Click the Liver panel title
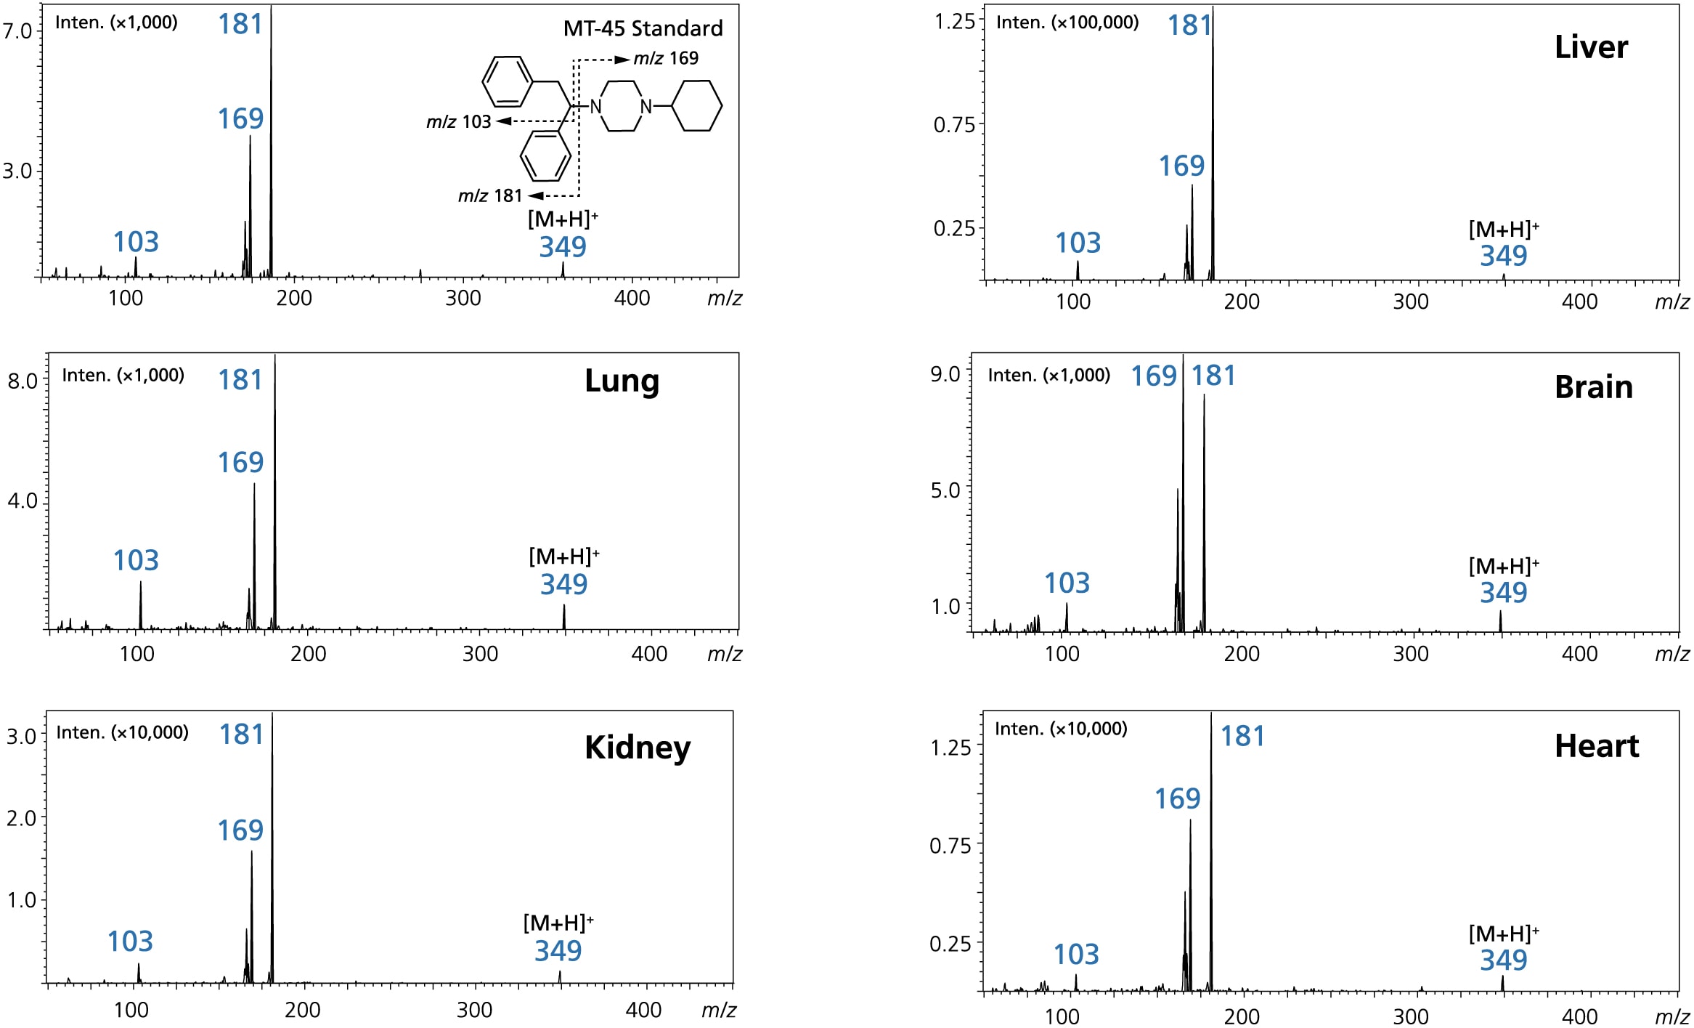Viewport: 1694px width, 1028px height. (1590, 47)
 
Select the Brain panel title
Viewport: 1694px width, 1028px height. (1593, 387)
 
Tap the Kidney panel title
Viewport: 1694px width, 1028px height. (638, 748)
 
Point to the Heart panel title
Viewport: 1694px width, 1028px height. (1596, 746)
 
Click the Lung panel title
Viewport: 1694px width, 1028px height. (622, 381)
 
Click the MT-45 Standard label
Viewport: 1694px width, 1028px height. (643, 28)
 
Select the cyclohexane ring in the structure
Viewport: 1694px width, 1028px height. (696, 106)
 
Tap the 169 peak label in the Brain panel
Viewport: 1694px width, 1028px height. (1153, 376)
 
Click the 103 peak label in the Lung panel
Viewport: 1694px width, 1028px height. (136, 560)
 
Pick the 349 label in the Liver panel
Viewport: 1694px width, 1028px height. (1503, 256)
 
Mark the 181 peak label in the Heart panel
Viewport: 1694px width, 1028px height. (1242, 736)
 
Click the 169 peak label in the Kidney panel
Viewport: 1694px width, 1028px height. (240, 830)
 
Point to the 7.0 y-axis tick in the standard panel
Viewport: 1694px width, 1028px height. (17, 31)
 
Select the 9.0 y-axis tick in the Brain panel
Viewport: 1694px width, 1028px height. (945, 374)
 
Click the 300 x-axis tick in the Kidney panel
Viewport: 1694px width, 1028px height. (474, 1010)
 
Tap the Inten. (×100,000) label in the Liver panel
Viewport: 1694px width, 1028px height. (1067, 23)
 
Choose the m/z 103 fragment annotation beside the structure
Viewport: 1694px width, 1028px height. (459, 122)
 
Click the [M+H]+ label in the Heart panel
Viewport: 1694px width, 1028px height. (1503, 934)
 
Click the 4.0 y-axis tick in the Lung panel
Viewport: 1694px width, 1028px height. (23, 501)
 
